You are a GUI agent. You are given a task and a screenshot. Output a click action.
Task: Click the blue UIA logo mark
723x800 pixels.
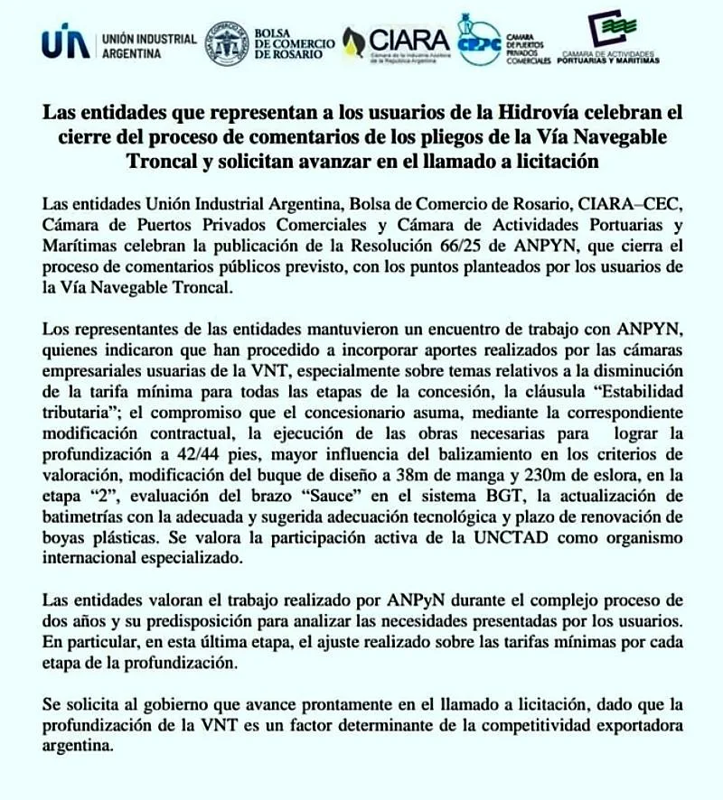tap(65, 43)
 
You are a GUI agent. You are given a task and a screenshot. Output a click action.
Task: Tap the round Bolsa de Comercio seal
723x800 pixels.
tap(227, 43)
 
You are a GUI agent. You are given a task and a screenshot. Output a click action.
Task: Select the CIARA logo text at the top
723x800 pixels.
tap(408, 40)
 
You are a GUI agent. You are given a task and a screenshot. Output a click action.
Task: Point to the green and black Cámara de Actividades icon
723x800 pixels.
tap(606, 30)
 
